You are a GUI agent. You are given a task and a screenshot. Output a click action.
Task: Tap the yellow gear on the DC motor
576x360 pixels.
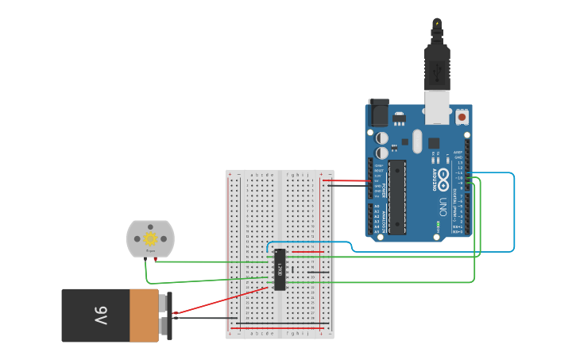[149, 238]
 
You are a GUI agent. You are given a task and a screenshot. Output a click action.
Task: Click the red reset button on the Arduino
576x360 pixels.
[462, 117]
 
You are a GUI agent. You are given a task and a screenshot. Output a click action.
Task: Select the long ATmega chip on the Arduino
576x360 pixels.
[396, 196]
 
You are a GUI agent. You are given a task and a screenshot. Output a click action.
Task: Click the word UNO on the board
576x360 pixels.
[443, 207]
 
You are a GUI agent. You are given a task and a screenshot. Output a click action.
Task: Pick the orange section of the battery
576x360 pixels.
[145, 315]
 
